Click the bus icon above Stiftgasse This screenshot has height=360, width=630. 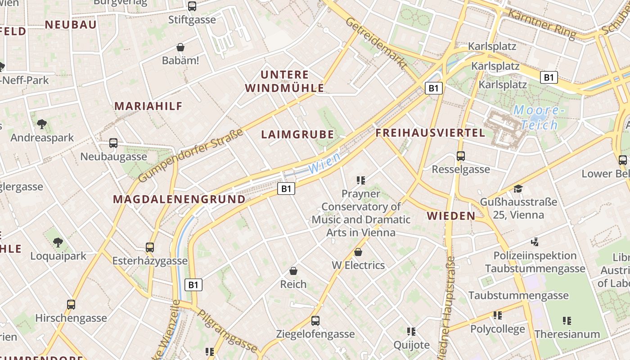coord(192,6)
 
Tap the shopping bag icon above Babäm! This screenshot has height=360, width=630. coord(180,47)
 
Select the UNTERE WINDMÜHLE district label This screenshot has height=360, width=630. coord(285,81)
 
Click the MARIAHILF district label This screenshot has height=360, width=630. coord(148,106)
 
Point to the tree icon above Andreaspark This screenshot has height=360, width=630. coord(42,124)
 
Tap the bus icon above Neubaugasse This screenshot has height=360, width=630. coord(113,143)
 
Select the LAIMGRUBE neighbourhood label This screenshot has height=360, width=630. coord(297,135)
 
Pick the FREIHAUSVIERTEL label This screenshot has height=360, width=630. coord(430,133)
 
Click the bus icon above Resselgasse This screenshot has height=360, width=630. coord(460,156)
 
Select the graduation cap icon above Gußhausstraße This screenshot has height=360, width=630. coord(518,189)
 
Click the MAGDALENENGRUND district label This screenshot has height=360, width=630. coord(179,199)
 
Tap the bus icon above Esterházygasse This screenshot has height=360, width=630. coord(150,247)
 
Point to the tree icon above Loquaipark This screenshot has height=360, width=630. coord(58,243)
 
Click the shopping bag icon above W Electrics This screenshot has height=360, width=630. coord(358,252)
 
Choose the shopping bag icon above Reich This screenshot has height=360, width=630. coord(293,271)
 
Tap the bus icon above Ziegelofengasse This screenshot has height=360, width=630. coord(315,321)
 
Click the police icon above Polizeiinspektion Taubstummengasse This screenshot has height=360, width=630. coord(535,242)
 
